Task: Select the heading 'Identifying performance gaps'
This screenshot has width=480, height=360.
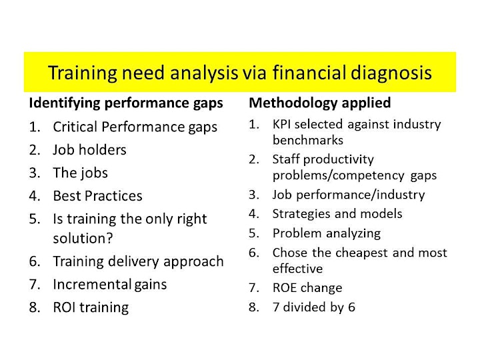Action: pyautogui.click(x=126, y=103)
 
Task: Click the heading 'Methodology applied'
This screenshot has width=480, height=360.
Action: pyautogui.click(x=320, y=103)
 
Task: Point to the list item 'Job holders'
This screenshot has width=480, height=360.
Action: pyautogui.click(x=89, y=150)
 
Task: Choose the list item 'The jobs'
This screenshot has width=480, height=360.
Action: pyautogui.click(x=81, y=173)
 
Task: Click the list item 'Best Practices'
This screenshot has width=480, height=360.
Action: pyautogui.click(x=97, y=196)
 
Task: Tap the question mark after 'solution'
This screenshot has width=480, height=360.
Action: pyautogui.click(x=109, y=238)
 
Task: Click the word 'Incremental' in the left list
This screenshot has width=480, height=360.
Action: pyautogui.click(x=92, y=285)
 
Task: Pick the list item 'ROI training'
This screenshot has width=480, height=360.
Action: pyautogui.click(x=91, y=307)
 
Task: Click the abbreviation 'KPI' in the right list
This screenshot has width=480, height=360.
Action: pyautogui.click(x=281, y=124)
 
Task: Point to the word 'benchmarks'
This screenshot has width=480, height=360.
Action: pyautogui.click(x=308, y=140)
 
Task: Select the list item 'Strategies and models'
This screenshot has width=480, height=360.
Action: pyautogui.click(x=337, y=214)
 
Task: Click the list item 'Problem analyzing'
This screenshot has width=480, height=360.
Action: pyautogui.click(x=327, y=234)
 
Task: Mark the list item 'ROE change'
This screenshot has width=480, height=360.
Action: pyautogui.click(x=307, y=288)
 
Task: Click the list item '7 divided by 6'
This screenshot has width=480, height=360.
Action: pyautogui.click(x=314, y=307)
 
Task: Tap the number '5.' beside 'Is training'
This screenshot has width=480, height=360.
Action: pyautogui.click(x=35, y=219)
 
